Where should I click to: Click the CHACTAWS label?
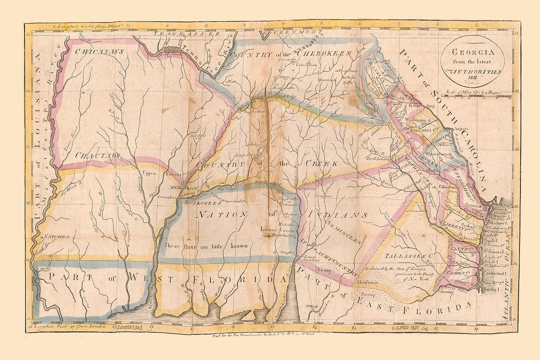point(98,156)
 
